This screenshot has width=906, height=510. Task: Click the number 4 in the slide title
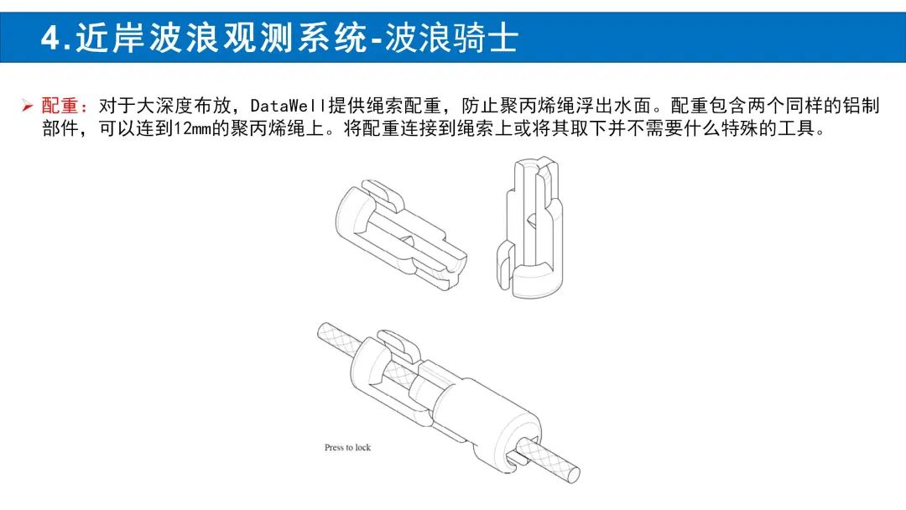[50, 38]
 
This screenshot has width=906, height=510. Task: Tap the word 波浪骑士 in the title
[451, 38]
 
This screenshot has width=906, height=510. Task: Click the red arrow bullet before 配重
[28, 106]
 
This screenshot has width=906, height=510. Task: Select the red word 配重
[60, 106]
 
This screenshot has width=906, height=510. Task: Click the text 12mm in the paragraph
[192, 128]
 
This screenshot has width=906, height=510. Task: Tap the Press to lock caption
[347, 447]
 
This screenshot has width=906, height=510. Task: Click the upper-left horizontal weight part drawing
[401, 234]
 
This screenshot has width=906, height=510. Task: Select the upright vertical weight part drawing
[529, 228]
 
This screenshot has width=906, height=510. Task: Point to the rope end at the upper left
[323, 331]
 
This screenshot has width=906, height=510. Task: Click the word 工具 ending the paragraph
[795, 128]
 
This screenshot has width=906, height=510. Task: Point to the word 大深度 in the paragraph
[164, 106]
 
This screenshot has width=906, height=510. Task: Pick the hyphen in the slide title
[376, 40]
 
